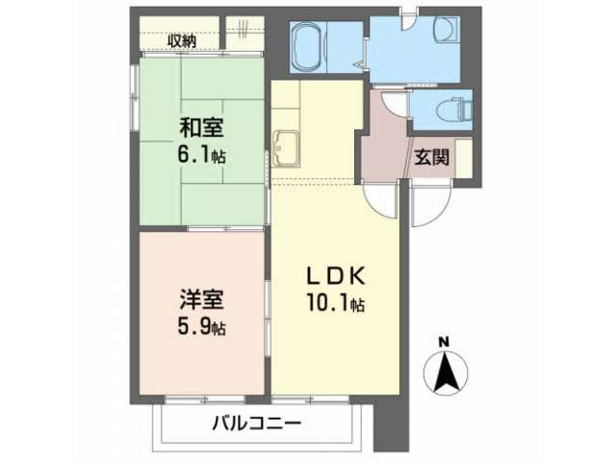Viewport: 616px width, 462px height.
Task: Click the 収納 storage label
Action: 182,40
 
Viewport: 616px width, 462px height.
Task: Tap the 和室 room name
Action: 201,128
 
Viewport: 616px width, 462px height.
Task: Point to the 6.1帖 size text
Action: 201,155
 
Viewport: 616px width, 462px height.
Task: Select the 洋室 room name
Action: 201,299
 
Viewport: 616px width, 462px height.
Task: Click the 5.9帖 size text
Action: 201,327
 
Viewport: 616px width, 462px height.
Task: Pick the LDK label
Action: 336,276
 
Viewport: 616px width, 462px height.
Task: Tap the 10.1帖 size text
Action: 336,303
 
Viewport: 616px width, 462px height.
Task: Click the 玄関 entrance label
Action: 432,158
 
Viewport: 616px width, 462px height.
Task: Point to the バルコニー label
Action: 257,423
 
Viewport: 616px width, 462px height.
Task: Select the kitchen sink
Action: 287,148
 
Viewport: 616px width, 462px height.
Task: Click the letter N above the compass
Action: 444,343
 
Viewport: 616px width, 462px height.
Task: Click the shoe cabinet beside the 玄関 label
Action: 464,158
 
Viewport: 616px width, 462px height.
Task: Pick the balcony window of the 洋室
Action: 205,399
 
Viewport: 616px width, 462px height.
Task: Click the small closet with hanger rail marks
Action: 245,34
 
